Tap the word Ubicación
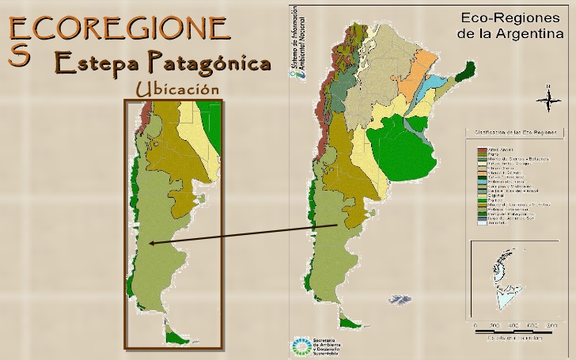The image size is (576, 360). click(x=176, y=88)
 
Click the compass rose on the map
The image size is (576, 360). click(x=546, y=99)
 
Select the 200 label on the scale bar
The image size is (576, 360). click(x=495, y=326)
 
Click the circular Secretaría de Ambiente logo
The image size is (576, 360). click(x=301, y=347)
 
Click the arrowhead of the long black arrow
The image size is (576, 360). click(x=150, y=244)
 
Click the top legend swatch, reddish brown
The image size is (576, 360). click(x=480, y=149)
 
